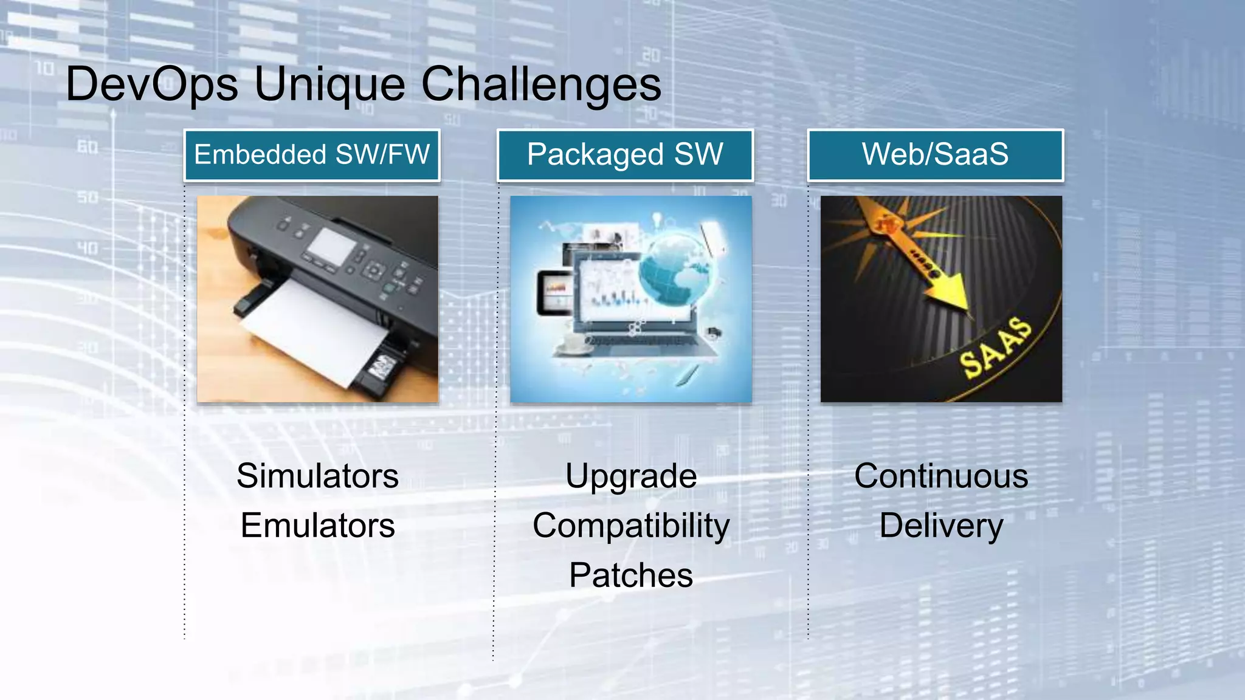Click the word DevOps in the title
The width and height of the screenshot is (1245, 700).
point(151,84)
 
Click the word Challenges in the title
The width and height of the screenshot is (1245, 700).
point(540,84)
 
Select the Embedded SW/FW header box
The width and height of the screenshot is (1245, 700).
point(312,155)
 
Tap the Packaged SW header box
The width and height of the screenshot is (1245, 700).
point(625,155)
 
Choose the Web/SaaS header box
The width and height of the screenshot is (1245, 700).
point(935,155)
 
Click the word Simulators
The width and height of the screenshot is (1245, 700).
point(317,476)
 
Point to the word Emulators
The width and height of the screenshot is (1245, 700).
point(317,526)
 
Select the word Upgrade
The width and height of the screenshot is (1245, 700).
point(631,476)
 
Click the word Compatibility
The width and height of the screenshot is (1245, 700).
point(631,526)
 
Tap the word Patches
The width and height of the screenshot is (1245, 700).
point(631,575)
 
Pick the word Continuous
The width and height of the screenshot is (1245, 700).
point(941,476)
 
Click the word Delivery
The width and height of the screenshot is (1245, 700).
point(941,526)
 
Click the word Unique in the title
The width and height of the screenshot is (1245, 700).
point(329,84)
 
